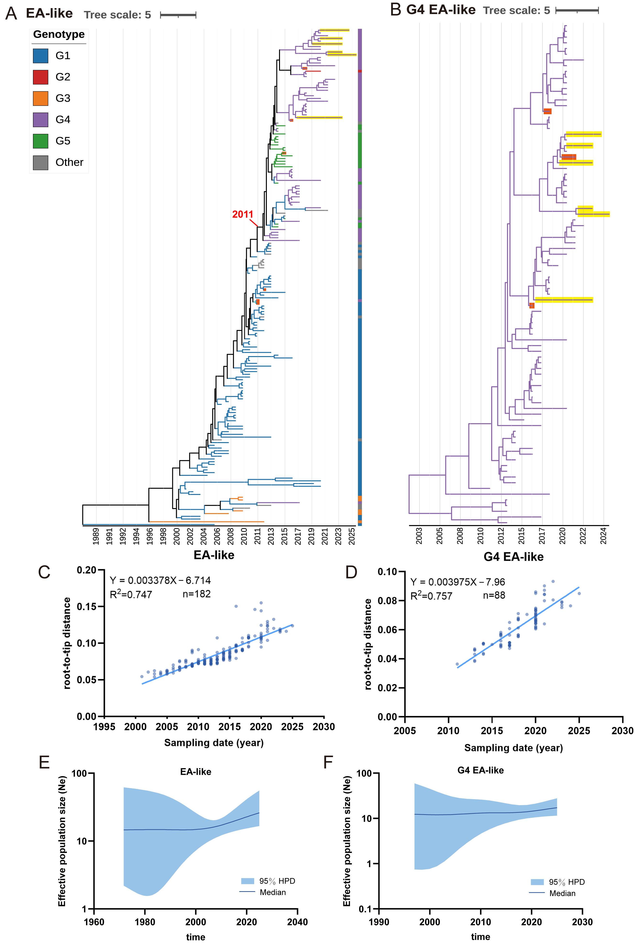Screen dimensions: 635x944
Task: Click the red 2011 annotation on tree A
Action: (242, 214)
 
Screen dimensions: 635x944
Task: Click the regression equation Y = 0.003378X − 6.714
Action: (160, 581)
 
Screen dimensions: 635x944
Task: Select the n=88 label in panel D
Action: (494, 596)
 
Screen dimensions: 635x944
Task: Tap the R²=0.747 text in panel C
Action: (131, 594)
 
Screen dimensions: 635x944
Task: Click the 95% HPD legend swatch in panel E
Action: (248, 881)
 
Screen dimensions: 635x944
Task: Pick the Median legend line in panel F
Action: (537, 893)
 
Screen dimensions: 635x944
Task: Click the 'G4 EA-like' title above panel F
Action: (481, 770)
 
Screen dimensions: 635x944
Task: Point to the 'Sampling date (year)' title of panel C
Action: (214, 743)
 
